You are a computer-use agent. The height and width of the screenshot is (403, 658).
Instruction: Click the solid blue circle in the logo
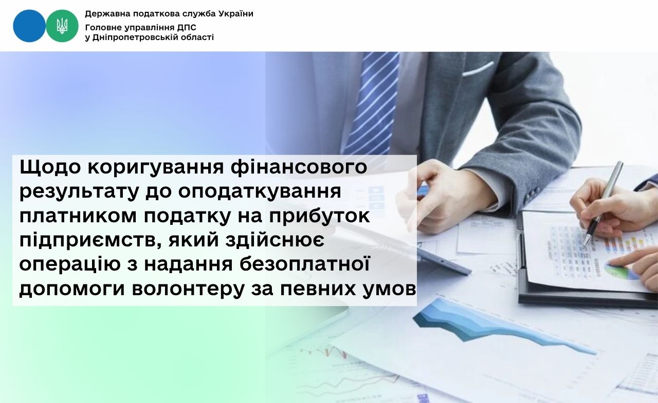(29, 26)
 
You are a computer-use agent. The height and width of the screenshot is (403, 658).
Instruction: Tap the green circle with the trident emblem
(62, 26)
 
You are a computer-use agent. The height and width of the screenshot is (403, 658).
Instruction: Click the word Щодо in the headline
(50, 167)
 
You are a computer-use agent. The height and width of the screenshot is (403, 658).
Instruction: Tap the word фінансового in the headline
(299, 167)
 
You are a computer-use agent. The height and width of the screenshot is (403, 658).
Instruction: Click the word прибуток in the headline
(319, 216)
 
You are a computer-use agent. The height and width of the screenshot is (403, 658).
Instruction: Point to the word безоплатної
(304, 264)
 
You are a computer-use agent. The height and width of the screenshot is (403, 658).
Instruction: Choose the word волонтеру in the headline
(188, 290)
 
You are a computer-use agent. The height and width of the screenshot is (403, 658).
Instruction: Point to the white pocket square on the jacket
(478, 69)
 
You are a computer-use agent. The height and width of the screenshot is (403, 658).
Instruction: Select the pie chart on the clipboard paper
(622, 271)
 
